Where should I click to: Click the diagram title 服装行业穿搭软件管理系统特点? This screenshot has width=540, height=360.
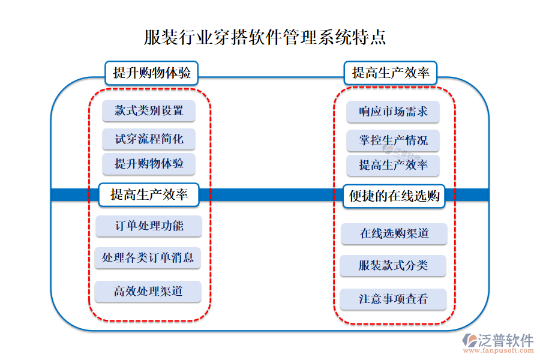[265, 37]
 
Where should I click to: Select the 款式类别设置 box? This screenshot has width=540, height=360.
[149, 111]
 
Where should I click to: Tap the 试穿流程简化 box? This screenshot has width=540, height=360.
[149, 140]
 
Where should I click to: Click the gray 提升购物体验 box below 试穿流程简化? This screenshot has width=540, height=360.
[149, 164]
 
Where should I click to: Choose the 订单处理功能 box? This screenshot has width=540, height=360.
[149, 226]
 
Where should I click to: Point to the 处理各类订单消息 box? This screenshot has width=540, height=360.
[148, 258]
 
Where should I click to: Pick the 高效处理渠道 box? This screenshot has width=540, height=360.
[148, 292]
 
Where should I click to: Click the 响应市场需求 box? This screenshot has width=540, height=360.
[393, 112]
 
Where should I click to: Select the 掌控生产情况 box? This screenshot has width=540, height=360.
[393, 141]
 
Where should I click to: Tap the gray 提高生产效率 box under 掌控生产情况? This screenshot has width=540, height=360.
[393, 165]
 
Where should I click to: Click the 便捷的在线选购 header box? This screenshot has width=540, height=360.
[394, 196]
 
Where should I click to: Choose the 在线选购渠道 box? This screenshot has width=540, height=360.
[394, 233]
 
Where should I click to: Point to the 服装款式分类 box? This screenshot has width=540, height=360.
[393, 265]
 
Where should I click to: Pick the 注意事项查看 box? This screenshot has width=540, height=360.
[393, 299]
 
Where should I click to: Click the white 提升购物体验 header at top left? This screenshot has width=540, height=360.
[152, 73]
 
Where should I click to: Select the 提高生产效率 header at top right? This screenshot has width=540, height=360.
[391, 73]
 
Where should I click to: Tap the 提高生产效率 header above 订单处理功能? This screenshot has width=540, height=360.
[148, 194]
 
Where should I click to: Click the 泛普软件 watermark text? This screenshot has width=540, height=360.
[505, 340]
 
